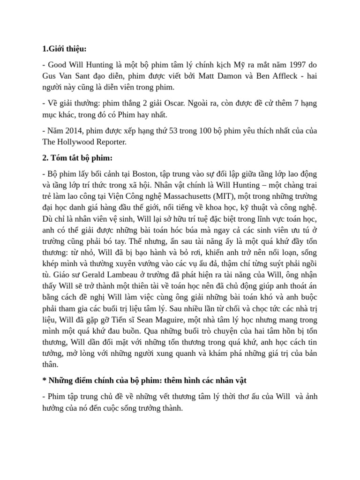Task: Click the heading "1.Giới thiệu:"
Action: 64,48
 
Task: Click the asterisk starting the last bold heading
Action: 44,380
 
